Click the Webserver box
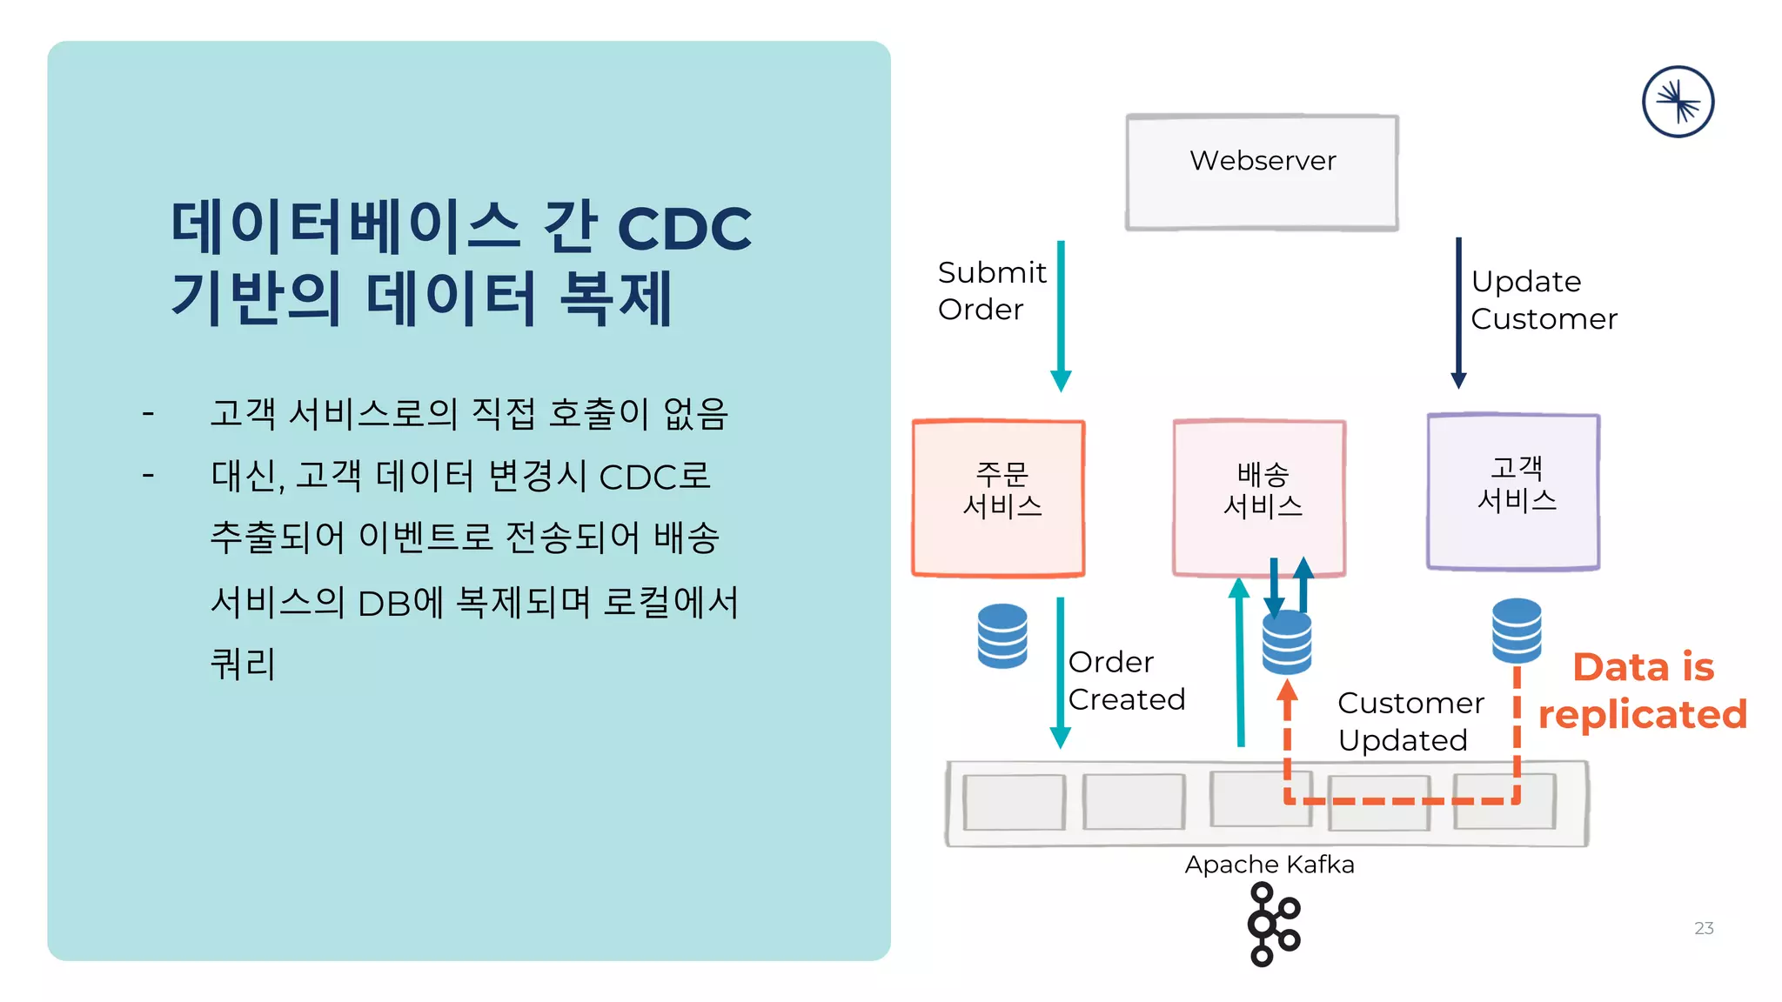point(1262,172)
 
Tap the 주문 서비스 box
point(998,498)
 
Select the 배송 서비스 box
point(1259,498)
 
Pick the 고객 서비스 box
point(1513,491)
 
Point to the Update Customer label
point(1543,300)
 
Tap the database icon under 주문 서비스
point(1002,636)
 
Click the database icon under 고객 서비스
point(1517,631)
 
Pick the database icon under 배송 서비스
point(1287,643)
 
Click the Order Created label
point(1125,680)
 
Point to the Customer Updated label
point(1410,721)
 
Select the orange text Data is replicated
point(1642,691)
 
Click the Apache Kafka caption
point(1269,865)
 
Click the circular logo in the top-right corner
point(1678,102)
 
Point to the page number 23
point(1704,928)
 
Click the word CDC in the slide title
point(684,229)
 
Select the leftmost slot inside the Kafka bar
point(1014,802)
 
